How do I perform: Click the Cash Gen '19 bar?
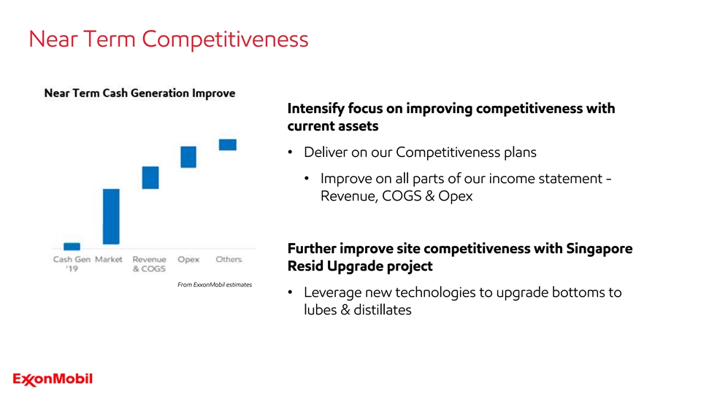(x=72, y=246)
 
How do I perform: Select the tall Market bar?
(x=111, y=217)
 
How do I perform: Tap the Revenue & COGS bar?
(x=150, y=177)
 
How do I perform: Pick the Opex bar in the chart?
(x=188, y=157)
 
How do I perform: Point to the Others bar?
(x=228, y=144)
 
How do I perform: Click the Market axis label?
(x=109, y=259)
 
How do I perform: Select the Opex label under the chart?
(x=188, y=260)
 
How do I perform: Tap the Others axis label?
(x=229, y=259)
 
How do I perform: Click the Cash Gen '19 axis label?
(x=72, y=263)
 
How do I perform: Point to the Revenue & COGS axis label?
(x=149, y=263)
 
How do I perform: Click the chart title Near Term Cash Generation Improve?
(x=139, y=93)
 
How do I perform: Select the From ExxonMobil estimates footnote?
(x=215, y=285)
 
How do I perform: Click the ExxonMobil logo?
(x=53, y=379)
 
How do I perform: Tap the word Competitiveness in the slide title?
(x=226, y=39)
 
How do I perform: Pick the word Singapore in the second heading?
(x=599, y=249)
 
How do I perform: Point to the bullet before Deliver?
(x=290, y=152)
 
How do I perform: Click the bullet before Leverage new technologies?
(x=290, y=293)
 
